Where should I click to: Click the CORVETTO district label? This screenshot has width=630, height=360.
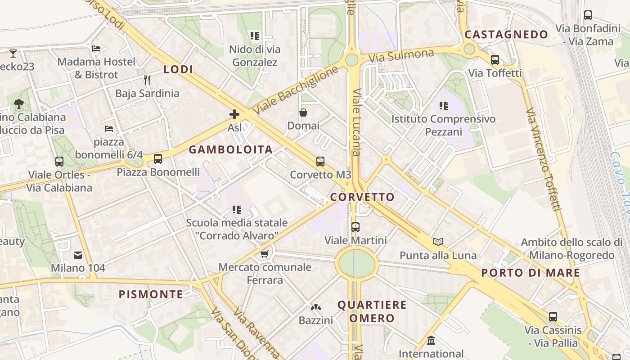point(362,197)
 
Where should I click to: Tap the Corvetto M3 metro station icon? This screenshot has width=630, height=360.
point(320,162)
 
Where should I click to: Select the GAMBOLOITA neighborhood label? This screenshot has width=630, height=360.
point(230,150)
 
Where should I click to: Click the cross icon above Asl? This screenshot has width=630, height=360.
point(234,114)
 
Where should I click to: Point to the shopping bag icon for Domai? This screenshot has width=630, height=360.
point(303,112)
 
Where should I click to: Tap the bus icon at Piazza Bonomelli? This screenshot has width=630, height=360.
point(158,159)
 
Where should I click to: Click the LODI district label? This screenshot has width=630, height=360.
point(178,69)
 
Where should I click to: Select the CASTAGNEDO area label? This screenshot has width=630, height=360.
point(506,35)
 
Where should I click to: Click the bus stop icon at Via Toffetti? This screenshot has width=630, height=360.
point(495,60)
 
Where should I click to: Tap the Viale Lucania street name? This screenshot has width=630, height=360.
point(357,121)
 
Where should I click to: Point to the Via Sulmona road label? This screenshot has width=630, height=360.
point(401,56)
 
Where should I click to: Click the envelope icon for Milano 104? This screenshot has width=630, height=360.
point(78,255)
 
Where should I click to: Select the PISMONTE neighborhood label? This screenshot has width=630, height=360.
point(151,295)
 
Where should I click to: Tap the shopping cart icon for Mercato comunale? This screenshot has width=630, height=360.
point(265,254)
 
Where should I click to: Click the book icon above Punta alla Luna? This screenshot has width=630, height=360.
point(438,242)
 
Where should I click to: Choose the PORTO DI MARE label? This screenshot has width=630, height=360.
point(531,273)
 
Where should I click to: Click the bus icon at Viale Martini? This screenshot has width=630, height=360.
point(355,227)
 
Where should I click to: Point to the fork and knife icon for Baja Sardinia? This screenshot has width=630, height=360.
point(147,80)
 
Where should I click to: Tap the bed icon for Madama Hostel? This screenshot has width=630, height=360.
point(96,48)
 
